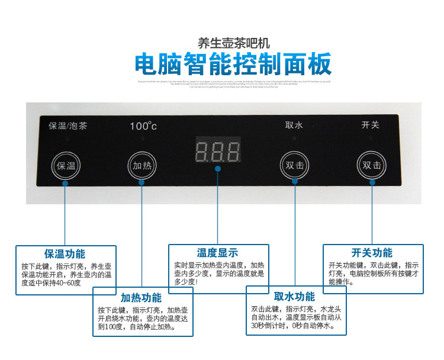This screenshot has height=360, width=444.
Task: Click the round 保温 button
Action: click(x=65, y=165)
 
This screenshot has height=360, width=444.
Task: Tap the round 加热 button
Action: click(x=141, y=165)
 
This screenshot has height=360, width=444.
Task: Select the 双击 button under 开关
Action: click(x=372, y=165)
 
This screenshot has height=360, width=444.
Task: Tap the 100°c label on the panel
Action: click(x=143, y=126)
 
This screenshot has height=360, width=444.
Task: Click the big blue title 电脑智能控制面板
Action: click(x=233, y=63)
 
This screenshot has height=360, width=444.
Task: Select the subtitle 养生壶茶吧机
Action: click(x=233, y=43)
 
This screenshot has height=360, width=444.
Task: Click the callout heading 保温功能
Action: click(x=65, y=254)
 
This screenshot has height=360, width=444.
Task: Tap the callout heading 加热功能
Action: click(x=141, y=298)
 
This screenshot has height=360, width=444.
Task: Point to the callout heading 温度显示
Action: click(x=217, y=253)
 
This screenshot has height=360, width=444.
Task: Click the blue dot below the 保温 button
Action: click(x=65, y=183)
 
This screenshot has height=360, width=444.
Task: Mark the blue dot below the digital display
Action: click(x=218, y=168)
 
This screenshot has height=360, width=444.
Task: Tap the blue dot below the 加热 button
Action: click(x=141, y=182)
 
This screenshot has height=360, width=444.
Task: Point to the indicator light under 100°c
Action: click(x=143, y=138)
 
